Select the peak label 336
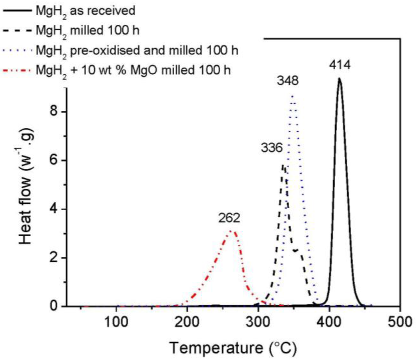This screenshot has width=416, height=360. [271, 148]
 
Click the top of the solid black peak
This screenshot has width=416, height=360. [339, 79]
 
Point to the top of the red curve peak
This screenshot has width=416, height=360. [231, 231]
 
